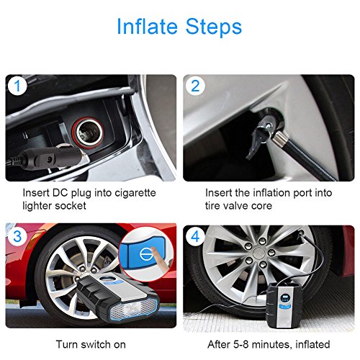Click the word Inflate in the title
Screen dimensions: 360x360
[x=147, y=27]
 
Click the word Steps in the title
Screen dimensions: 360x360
[x=214, y=27]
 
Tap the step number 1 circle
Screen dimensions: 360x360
[x=17, y=86]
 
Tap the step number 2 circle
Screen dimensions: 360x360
[x=195, y=86]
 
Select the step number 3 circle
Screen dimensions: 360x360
[x=17, y=236]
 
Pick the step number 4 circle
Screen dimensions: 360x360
[x=195, y=236]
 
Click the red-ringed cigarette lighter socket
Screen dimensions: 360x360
[x=89, y=132]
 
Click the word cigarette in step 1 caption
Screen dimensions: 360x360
[x=135, y=193]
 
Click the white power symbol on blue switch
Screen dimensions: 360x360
[x=146, y=254]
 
